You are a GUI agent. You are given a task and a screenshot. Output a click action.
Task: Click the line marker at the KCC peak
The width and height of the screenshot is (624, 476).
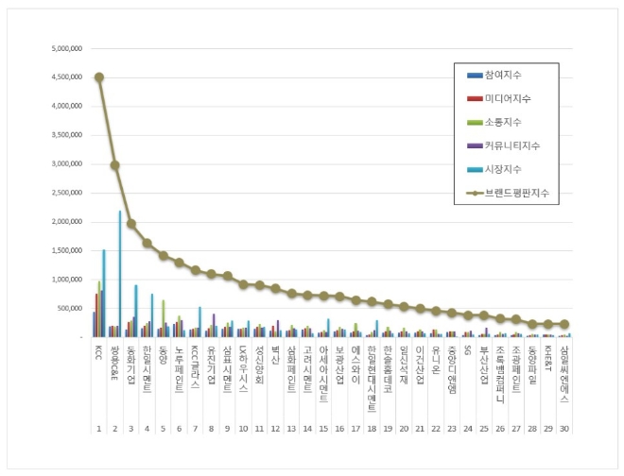click(99, 77)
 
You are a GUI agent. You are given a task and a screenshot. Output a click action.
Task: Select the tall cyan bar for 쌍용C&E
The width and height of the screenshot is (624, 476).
click(120, 274)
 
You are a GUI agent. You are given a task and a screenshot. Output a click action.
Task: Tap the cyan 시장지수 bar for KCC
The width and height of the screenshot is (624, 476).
click(104, 293)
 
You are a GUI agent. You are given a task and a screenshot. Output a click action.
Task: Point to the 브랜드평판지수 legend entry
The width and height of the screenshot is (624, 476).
click(511, 193)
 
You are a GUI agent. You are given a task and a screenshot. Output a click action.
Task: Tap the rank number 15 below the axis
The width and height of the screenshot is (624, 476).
click(324, 428)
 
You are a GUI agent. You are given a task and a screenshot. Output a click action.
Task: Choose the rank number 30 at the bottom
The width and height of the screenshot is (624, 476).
click(565, 428)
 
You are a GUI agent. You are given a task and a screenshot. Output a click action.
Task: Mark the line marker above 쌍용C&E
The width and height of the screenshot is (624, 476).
click(115, 165)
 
